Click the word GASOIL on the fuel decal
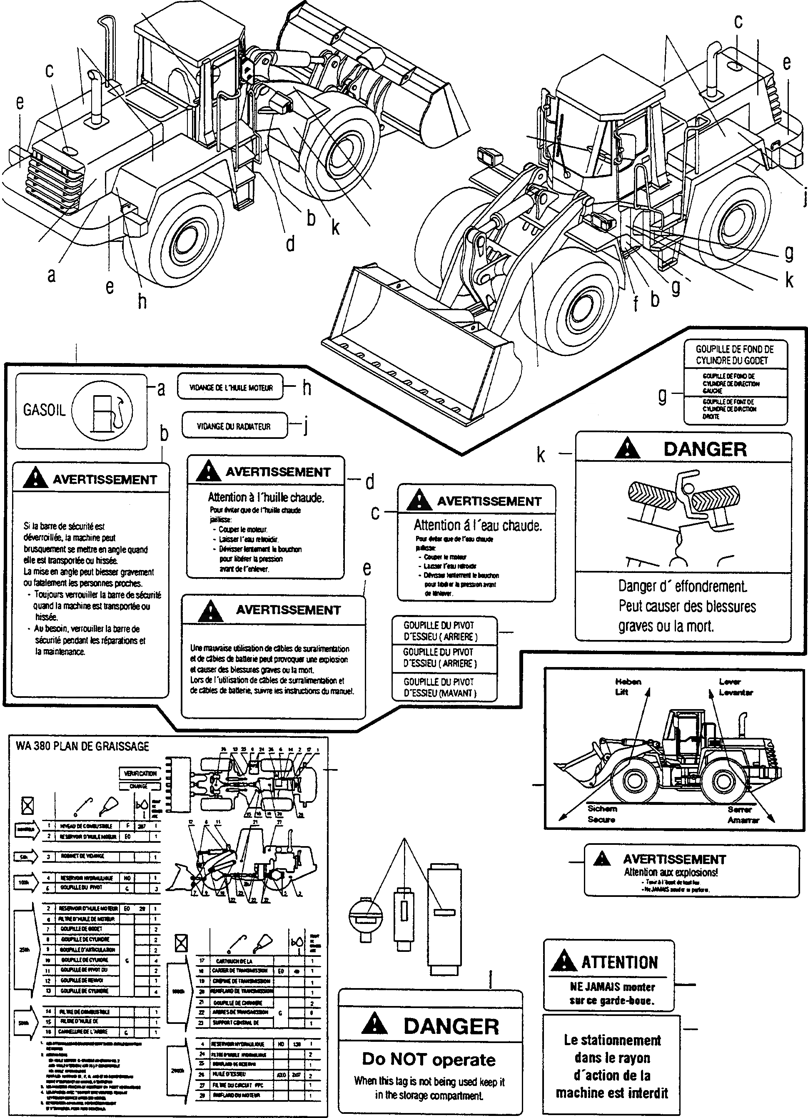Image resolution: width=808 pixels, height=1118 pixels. (x=45, y=410)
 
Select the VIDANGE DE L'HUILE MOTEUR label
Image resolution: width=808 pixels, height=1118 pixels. (x=231, y=388)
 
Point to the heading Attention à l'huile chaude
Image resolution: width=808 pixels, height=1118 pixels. (x=266, y=498)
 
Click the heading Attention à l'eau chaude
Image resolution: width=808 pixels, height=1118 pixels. (x=477, y=525)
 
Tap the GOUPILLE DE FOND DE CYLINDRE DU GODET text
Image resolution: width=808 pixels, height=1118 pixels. (x=735, y=354)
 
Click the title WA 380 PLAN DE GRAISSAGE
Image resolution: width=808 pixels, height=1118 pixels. (x=82, y=746)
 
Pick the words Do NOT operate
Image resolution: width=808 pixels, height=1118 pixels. (x=429, y=1059)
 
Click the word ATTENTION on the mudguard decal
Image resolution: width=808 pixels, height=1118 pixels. (x=620, y=962)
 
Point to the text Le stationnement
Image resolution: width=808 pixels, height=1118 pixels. (x=612, y=1040)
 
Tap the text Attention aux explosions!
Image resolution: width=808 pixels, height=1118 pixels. (x=671, y=872)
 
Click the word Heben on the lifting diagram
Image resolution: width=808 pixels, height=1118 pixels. (x=628, y=682)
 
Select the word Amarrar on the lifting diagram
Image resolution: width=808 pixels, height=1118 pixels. (x=743, y=820)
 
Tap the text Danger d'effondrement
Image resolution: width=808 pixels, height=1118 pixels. (x=682, y=586)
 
